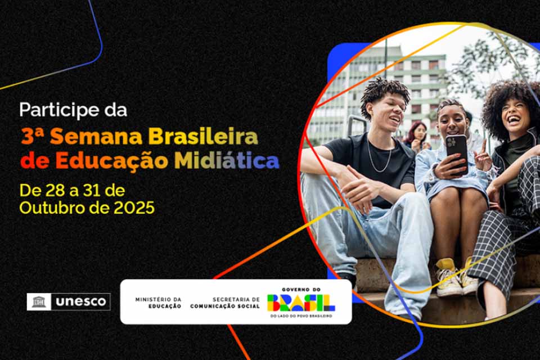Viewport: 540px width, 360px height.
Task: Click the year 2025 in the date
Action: (134, 208)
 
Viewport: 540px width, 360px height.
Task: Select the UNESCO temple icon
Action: (39, 302)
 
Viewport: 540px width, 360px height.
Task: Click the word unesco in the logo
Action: (80, 302)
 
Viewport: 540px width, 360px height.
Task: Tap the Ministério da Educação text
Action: (158, 302)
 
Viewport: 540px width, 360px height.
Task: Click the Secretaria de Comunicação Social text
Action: (225, 302)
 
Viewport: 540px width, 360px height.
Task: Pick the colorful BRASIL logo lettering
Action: (301, 303)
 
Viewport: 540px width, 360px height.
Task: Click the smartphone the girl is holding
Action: (457, 152)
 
